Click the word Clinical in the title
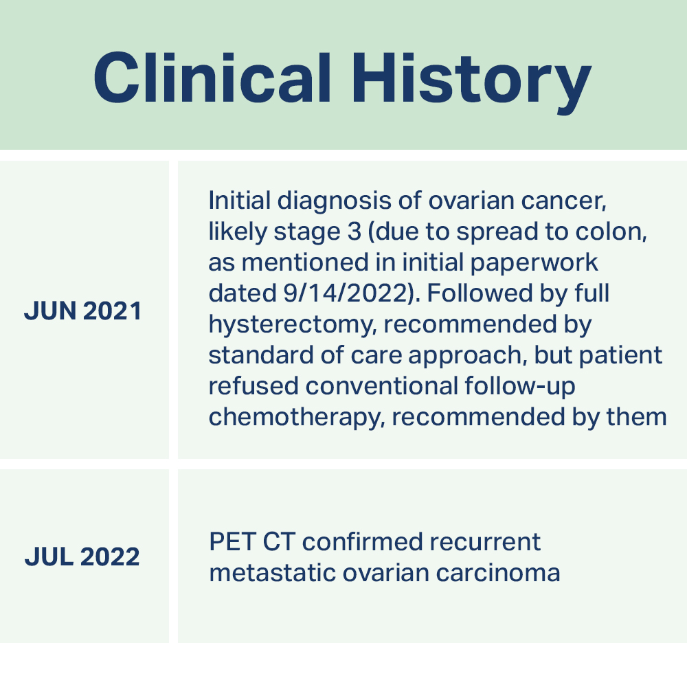pos(212,78)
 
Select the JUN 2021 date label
pos(83,311)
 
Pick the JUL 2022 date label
pos(82,557)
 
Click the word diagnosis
pos(335,201)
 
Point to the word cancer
pos(563,202)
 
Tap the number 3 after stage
pos(354,232)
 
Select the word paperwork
pos(534,263)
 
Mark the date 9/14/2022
pos(346,293)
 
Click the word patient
pos(620,355)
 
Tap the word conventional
pos(382,386)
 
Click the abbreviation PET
pos(233,542)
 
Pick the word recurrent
pos(485,543)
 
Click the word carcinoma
pos(498,573)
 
